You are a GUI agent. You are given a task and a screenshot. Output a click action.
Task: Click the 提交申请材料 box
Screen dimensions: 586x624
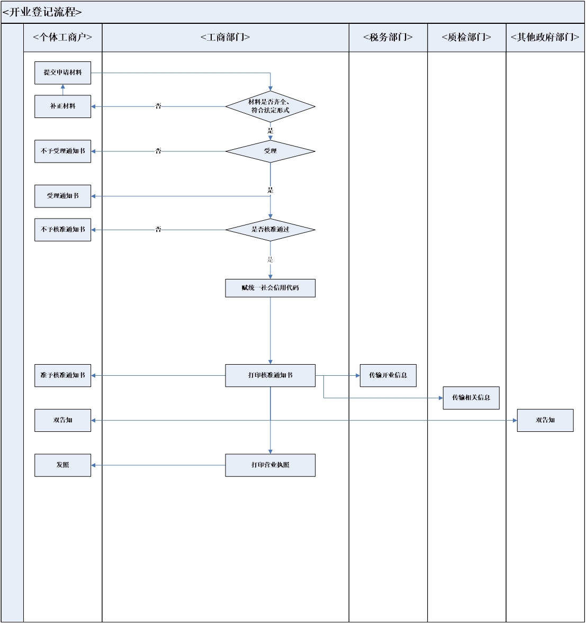click(x=62, y=73)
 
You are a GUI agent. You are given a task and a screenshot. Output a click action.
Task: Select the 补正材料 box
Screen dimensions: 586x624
click(x=62, y=106)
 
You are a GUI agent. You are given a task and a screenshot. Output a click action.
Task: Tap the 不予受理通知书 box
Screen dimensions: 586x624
click(x=62, y=151)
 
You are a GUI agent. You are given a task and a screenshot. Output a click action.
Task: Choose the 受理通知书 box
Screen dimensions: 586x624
click(x=62, y=196)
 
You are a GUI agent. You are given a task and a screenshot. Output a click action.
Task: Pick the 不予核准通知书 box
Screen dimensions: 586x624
click(x=62, y=230)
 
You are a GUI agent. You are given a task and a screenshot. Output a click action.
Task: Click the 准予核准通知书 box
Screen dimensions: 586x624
click(x=62, y=375)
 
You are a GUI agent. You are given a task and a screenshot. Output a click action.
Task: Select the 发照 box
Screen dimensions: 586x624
click(x=62, y=465)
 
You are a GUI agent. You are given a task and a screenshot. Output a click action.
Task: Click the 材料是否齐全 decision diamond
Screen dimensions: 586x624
click(x=271, y=106)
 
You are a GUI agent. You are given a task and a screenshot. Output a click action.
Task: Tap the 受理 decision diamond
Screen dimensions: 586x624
click(x=271, y=151)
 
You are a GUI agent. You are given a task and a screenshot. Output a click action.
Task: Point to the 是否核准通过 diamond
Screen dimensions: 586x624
click(x=271, y=230)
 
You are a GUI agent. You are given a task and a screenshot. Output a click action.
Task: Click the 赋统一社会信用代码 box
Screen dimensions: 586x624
click(x=271, y=288)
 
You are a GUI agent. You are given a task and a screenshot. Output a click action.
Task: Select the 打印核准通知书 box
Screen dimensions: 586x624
click(x=271, y=375)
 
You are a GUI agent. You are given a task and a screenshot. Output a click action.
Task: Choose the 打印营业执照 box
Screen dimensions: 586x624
click(x=271, y=465)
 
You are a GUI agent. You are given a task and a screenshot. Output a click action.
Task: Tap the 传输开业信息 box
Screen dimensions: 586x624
click(x=388, y=375)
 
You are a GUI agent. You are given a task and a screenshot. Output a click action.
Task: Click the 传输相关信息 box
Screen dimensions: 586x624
click(x=471, y=398)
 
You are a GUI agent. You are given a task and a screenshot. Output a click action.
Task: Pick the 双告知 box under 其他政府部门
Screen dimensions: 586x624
click(x=545, y=420)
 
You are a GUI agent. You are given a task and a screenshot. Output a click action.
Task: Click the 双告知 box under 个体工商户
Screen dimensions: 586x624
click(x=62, y=420)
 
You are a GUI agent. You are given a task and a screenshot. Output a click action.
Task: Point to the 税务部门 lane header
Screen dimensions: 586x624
click(x=388, y=38)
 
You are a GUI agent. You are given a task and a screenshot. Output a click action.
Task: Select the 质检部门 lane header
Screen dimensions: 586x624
click(x=466, y=38)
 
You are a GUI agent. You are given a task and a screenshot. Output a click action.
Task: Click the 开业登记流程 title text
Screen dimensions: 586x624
click(x=42, y=12)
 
